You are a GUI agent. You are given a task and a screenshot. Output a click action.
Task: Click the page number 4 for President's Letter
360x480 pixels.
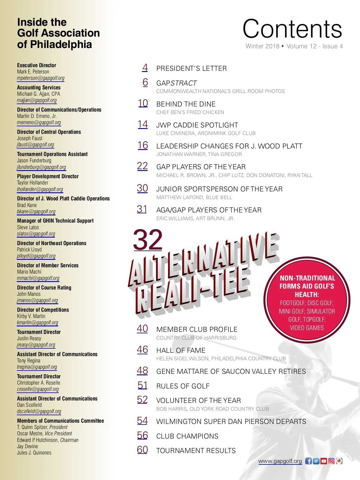click(145, 68)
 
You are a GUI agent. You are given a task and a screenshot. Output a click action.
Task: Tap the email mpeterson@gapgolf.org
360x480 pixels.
click(41, 78)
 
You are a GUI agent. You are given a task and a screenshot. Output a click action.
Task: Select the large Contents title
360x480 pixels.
click(292, 29)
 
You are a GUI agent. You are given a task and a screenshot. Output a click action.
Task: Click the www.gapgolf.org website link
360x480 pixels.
click(280, 461)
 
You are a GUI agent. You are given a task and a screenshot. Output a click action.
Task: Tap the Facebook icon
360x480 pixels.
click(308, 461)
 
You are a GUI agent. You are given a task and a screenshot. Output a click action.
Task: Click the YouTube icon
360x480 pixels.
click(324, 461)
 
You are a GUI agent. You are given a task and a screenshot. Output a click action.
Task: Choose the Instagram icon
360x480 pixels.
click(331, 461)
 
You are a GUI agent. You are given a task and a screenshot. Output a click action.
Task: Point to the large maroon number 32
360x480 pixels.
click(148, 240)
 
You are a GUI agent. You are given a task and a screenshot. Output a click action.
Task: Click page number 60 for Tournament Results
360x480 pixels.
click(142, 450)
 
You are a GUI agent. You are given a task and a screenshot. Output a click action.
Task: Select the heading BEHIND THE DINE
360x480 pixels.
click(186, 104)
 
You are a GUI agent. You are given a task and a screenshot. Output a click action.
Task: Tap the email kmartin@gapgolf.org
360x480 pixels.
click(37, 322)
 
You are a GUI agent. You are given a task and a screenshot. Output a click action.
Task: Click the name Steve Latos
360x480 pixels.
click(28, 227)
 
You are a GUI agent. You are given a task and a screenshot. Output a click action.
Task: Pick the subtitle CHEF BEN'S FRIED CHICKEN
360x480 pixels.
click(190, 112)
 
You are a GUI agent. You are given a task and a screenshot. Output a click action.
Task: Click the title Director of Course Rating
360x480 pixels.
click(44, 288)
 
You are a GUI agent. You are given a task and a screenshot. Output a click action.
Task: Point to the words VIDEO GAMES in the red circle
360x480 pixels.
click(307, 328)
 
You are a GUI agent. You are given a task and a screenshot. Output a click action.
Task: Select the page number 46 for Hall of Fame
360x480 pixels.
click(142, 350)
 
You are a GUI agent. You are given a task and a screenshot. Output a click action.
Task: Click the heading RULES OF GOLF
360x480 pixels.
click(183, 386)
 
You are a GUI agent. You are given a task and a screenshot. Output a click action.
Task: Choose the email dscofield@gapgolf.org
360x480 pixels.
click(39, 411)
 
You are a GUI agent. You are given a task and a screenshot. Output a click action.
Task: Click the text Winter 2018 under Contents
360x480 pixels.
click(262, 46)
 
